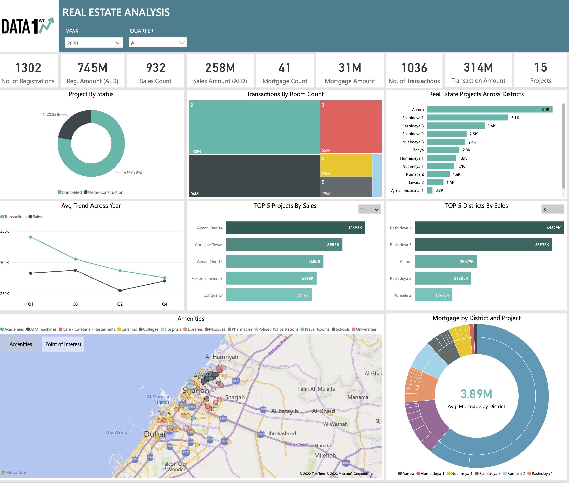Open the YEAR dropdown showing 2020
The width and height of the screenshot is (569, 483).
94,43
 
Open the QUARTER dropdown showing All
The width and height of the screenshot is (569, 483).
157,43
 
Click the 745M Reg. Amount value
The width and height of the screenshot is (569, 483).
92,68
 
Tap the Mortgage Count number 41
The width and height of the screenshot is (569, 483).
284,68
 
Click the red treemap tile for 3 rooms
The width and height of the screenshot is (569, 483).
351,127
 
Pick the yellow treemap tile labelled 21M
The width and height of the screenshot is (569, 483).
346,165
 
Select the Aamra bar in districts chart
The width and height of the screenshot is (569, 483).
489,109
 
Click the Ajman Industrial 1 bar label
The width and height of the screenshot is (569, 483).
407,190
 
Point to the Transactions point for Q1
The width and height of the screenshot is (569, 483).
31,237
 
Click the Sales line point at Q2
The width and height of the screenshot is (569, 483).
120,291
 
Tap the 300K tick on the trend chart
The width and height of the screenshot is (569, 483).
5,263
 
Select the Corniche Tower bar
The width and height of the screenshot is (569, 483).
284,244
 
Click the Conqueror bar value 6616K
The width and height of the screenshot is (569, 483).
303,295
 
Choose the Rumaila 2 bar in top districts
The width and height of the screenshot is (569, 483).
433,295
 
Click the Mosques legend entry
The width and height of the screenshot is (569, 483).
215,329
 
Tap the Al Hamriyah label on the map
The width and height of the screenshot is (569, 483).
222,357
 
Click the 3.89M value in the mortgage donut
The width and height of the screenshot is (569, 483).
476,394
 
